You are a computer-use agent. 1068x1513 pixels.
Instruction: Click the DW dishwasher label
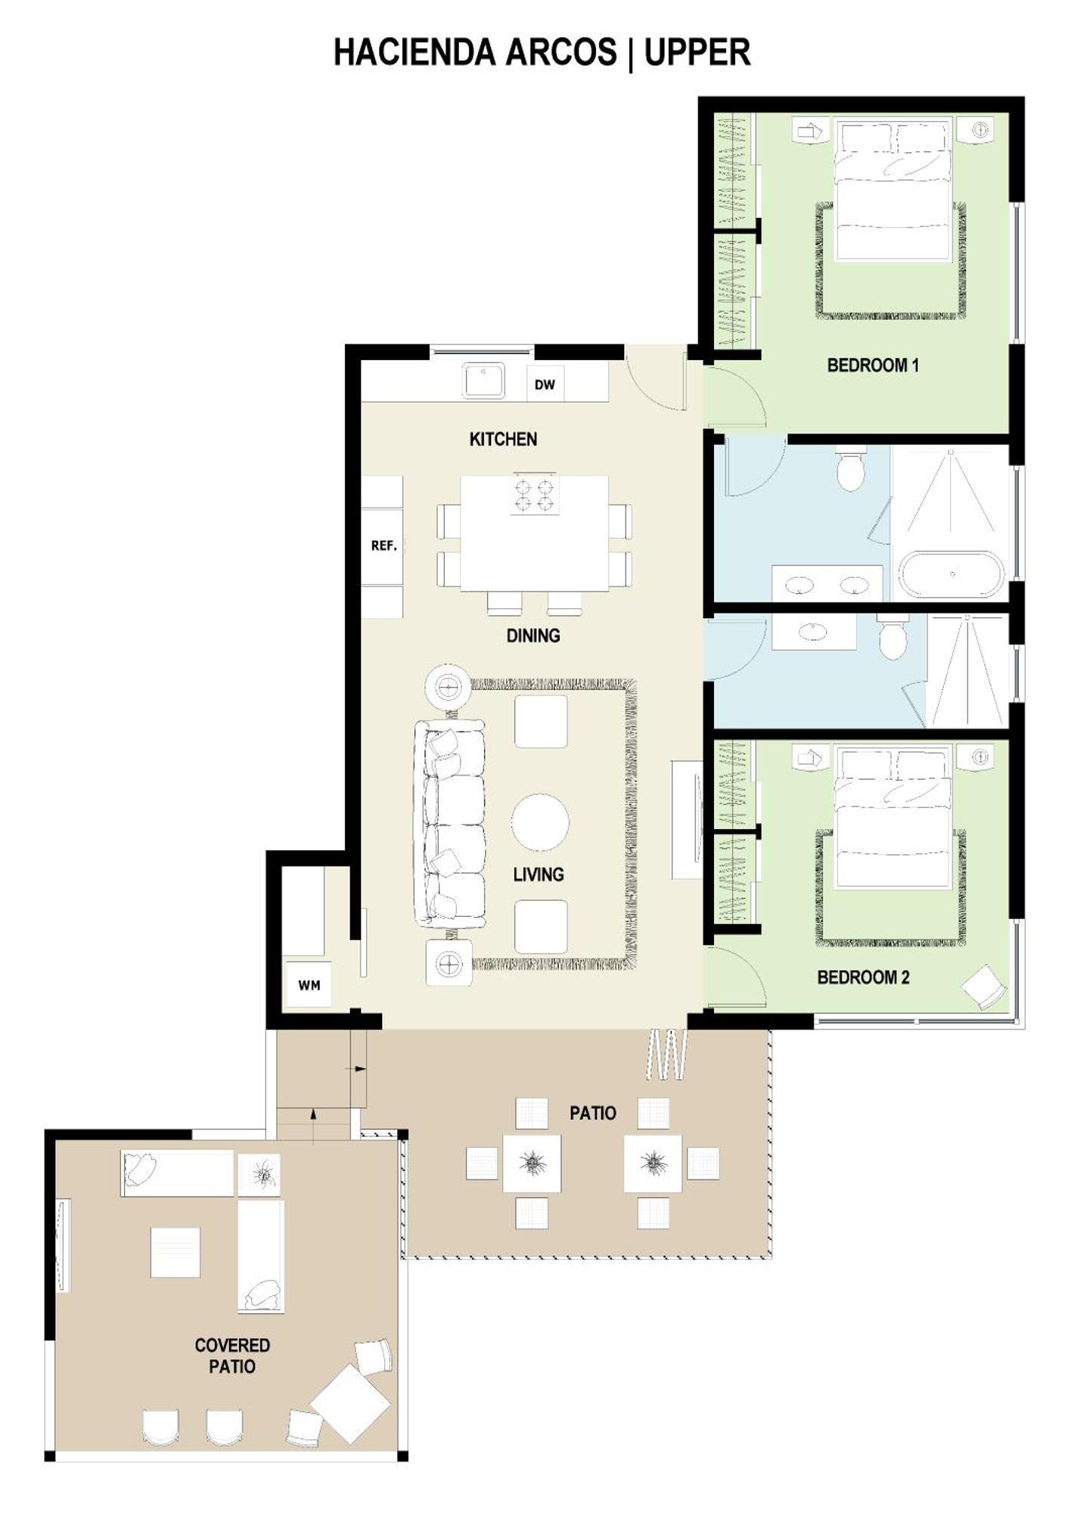click(x=545, y=384)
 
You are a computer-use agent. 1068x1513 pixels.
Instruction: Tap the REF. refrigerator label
click(x=384, y=545)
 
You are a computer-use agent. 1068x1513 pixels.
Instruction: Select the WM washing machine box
click(x=309, y=985)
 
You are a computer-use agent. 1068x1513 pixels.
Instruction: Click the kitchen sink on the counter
click(x=483, y=381)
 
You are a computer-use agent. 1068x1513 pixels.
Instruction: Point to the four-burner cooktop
click(x=534, y=494)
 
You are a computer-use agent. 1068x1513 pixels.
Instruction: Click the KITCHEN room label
click(x=503, y=440)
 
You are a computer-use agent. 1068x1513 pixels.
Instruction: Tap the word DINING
click(x=533, y=635)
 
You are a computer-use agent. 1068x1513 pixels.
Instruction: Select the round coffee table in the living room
click(x=540, y=822)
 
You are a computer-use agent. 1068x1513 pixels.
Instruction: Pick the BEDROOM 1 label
click(x=873, y=365)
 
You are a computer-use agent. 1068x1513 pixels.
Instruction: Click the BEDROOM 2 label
click(x=863, y=977)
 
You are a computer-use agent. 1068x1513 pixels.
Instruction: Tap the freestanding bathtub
click(x=952, y=575)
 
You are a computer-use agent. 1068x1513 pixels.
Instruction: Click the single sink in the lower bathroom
click(x=812, y=631)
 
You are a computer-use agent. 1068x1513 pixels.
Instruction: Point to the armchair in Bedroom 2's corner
click(x=984, y=986)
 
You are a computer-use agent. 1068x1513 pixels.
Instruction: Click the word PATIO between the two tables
click(x=593, y=1113)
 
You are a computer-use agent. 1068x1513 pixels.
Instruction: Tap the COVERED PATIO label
click(x=232, y=1356)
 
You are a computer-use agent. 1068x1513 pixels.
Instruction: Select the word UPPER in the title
click(x=697, y=53)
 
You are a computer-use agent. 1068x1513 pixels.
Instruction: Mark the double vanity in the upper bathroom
click(x=827, y=583)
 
